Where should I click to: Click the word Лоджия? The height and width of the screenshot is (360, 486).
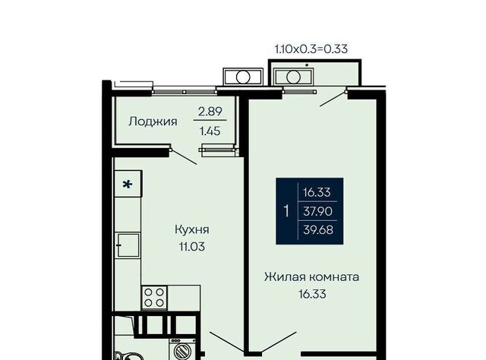[x=153, y=122]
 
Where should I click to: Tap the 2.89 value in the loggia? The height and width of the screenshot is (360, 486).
[x=210, y=112]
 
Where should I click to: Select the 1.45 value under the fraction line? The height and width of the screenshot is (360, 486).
[x=210, y=131]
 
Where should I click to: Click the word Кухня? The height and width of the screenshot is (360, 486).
[x=192, y=230]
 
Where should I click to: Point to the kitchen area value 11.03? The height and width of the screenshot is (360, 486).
[x=192, y=247]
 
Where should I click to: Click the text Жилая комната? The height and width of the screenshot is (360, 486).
[x=312, y=276]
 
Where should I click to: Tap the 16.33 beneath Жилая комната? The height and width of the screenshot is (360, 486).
[x=312, y=294]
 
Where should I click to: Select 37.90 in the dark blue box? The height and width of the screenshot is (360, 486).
[x=317, y=211]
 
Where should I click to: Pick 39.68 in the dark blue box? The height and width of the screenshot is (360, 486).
[x=318, y=230]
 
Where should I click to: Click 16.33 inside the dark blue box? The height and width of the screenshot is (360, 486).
[x=317, y=192]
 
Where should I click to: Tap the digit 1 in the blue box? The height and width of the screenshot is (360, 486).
[x=286, y=211]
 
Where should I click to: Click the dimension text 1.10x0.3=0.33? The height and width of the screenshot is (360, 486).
[x=311, y=49]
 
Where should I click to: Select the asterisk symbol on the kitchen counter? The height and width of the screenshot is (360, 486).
[x=128, y=185]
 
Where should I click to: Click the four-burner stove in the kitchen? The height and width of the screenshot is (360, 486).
[x=154, y=298]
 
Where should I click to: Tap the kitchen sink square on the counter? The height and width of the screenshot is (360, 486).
[x=128, y=245]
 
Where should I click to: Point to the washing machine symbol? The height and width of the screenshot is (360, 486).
[x=182, y=349]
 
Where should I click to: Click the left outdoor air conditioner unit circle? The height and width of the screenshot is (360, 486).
[x=243, y=77]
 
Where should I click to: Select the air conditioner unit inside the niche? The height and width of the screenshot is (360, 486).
[x=294, y=77]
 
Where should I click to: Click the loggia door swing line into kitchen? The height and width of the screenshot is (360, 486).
[x=184, y=157]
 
